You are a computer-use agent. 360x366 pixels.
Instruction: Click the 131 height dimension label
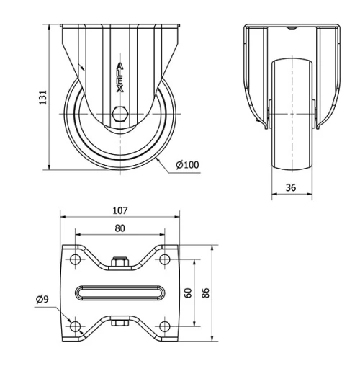tap(42, 96)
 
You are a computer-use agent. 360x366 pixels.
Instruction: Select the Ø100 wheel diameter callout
tap(187, 165)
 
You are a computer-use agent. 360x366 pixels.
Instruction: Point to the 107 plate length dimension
tap(120, 210)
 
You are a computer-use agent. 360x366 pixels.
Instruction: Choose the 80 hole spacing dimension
tap(120, 228)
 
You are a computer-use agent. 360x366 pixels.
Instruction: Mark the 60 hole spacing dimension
tap(188, 293)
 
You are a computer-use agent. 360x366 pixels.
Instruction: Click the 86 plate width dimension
tap(207, 293)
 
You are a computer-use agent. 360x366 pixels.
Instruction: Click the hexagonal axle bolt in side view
tap(120, 114)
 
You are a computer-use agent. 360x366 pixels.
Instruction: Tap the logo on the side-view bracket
tap(120, 73)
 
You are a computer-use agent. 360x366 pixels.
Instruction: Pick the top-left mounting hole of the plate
tap(75, 260)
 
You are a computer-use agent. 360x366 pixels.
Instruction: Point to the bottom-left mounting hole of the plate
tap(75, 326)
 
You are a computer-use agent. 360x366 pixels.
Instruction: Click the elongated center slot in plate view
tap(120, 293)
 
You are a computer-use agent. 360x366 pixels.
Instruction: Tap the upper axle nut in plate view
tap(120, 263)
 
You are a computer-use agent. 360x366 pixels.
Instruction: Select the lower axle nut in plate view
tap(120, 323)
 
